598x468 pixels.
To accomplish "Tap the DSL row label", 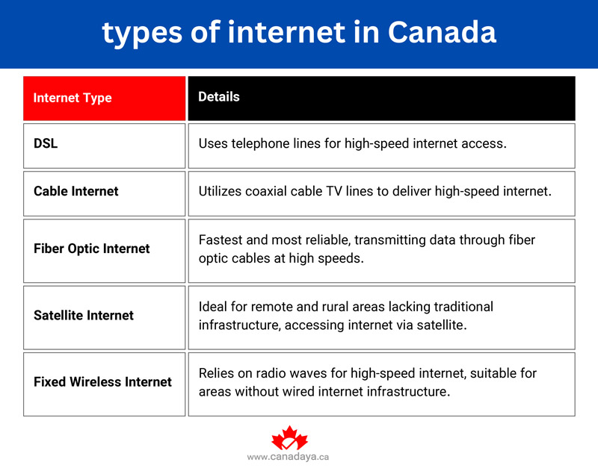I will point(46,143).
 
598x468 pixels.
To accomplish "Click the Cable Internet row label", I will point(75,191).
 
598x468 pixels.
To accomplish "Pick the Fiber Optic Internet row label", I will point(91,249).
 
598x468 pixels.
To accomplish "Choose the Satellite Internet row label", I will point(84,315).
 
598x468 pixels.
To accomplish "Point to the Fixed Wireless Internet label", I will point(102,381).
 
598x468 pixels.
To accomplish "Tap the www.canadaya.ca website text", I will point(288,457).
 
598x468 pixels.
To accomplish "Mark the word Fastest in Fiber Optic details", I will point(221,240).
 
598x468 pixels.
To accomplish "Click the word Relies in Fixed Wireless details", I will point(217,373).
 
